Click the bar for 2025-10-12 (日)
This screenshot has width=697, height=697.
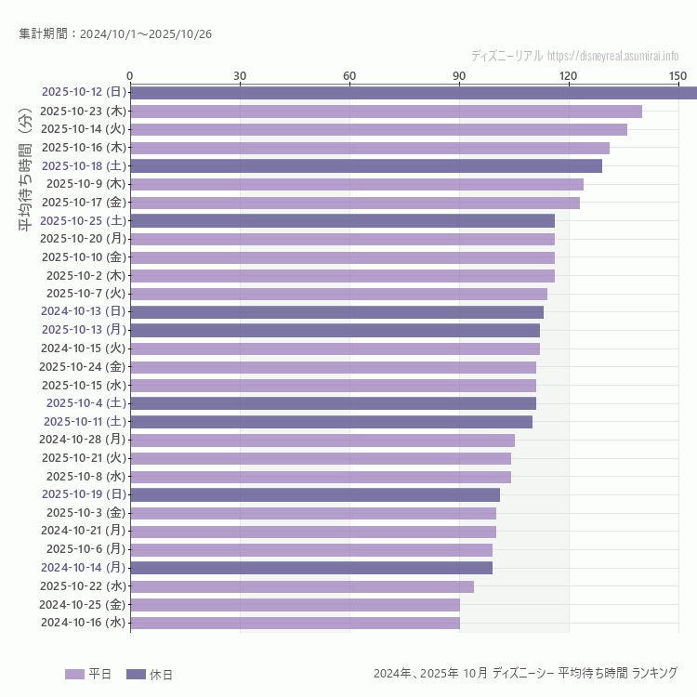(x=414, y=92)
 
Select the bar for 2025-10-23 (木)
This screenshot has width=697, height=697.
(x=386, y=111)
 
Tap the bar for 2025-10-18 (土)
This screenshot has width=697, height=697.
(x=366, y=165)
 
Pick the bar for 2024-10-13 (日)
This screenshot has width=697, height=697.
(x=336, y=312)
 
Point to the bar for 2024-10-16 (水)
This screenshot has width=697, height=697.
(x=295, y=623)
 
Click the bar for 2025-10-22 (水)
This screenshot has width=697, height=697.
(x=302, y=586)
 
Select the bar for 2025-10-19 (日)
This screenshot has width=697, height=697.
(x=315, y=494)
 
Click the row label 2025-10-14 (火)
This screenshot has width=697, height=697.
(x=83, y=129)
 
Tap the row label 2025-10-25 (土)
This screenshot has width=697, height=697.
(x=83, y=220)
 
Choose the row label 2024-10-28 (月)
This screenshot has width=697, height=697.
(x=83, y=440)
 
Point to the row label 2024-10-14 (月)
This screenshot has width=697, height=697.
(x=83, y=568)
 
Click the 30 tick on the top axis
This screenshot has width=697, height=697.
(x=240, y=75)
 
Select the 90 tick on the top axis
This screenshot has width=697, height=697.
(x=459, y=75)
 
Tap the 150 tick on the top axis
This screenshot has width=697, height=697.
(x=677, y=75)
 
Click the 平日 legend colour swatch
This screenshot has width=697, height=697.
(x=74, y=674)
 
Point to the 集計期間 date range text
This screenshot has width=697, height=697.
(x=115, y=33)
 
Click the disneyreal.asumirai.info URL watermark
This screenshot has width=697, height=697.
(x=612, y=56)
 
